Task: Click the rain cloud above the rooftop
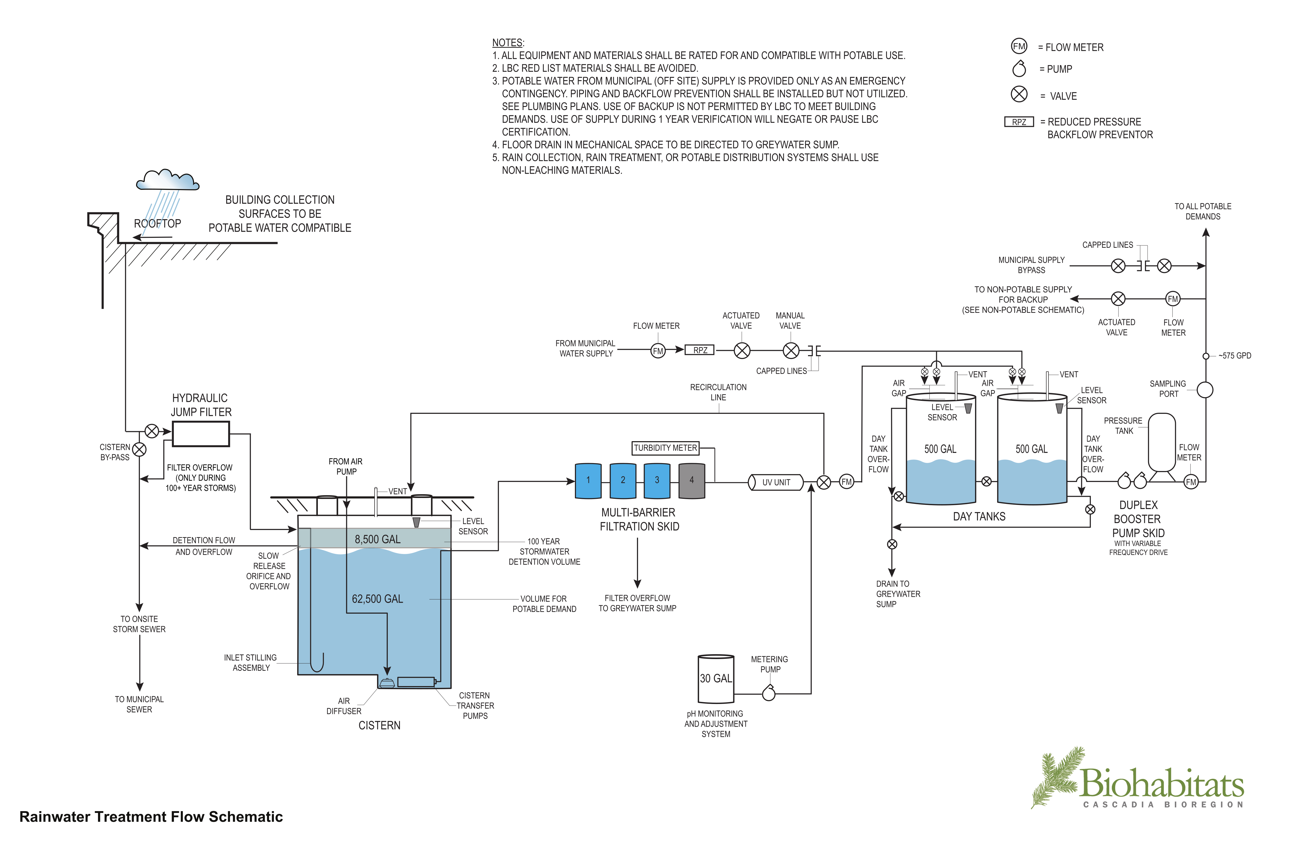click(x=167, y=180)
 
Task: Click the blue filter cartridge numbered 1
click(x=588, y=481)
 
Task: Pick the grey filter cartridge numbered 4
click(x=692, y=481)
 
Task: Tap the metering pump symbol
click(x=769, y=693)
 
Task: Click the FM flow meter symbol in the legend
click(x=1019, y=46)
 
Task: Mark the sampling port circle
click(x=1205, y=390)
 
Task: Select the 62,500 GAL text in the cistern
click(x=378, y=599)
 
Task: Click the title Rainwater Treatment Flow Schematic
click(x=151, y=817)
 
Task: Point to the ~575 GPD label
click(x=1235, y=356)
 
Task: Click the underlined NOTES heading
click(x=507, y=43)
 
